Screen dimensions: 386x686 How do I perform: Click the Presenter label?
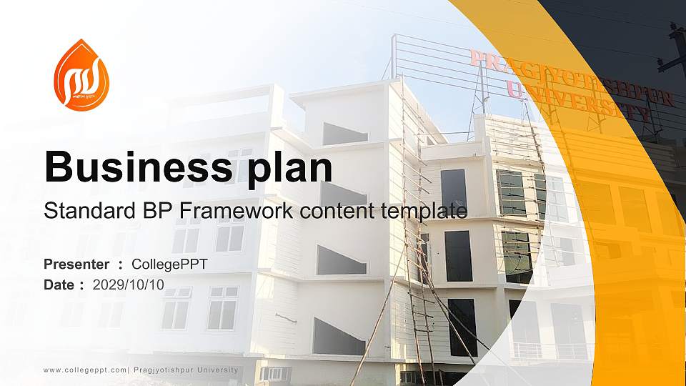[76, 264]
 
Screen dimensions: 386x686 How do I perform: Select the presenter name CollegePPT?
[170, 264]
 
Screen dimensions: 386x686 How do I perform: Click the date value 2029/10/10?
[129, 284]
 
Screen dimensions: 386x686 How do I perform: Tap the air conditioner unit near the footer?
[274, 373]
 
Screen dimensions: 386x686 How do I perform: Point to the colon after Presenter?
[121, 265]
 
